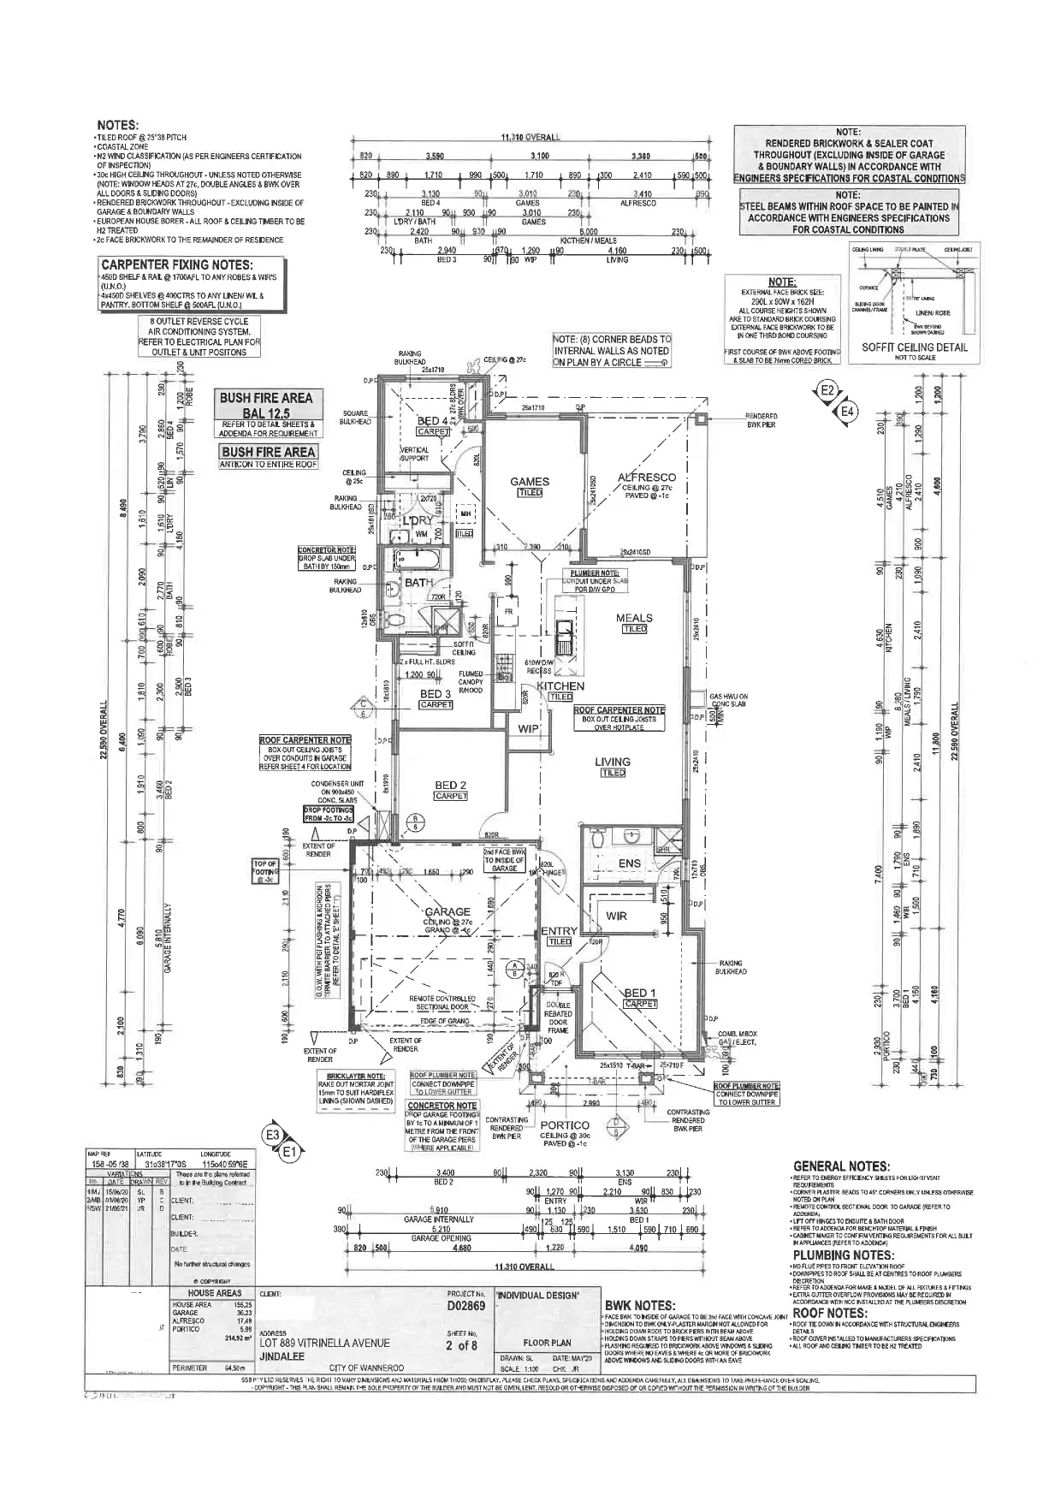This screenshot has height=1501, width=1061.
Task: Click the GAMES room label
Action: (529, 482)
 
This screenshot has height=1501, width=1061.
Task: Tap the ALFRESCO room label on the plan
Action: (647, 478)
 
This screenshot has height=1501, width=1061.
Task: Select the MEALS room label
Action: (634, 618)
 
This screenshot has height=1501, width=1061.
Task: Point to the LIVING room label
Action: (613, 762)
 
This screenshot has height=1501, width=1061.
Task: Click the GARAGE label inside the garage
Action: (448, 911)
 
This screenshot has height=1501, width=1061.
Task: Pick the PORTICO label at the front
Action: (566, 1125)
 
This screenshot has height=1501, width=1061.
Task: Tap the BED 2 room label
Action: (451, 786)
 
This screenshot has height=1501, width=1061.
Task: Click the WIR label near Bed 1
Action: (616, 916)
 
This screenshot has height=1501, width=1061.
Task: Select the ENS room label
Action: (630, 863)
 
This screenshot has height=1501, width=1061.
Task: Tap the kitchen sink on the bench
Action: (566, 633)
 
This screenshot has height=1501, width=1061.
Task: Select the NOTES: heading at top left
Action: (118, 126)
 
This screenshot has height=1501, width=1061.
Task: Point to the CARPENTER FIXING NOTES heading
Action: (177, 264)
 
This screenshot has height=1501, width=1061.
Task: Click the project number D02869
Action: (466, 1307)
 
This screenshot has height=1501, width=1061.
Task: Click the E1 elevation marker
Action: (288, 1153)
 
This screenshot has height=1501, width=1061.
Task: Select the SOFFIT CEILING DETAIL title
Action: (914, 347)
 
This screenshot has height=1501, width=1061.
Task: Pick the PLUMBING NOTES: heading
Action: (843, 1255)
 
